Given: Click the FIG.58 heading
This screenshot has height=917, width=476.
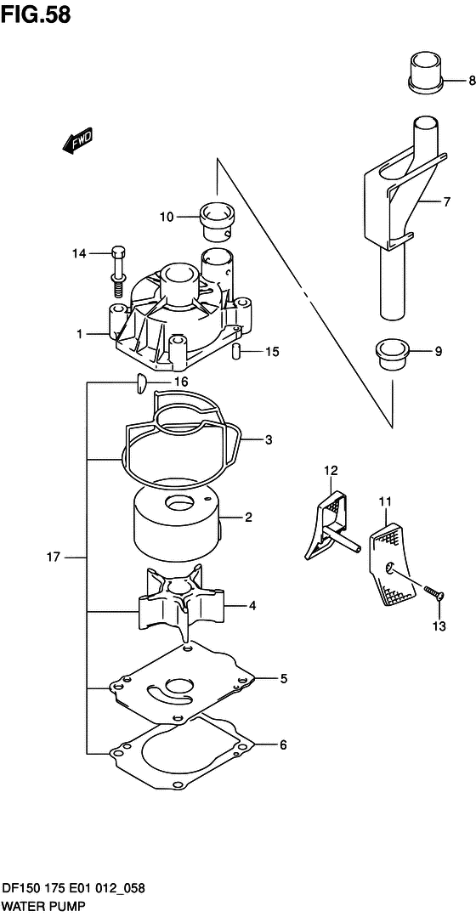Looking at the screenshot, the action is click(36, 15).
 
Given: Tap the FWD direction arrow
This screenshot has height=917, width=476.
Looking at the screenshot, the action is click(76, 141).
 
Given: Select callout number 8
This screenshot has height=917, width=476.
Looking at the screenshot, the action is click(472, 82).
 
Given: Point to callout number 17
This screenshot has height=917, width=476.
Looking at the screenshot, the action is click(54, 558).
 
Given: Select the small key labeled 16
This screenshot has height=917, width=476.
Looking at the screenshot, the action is click(139, 383).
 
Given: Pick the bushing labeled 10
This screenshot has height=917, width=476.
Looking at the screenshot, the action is click(218, 222).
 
